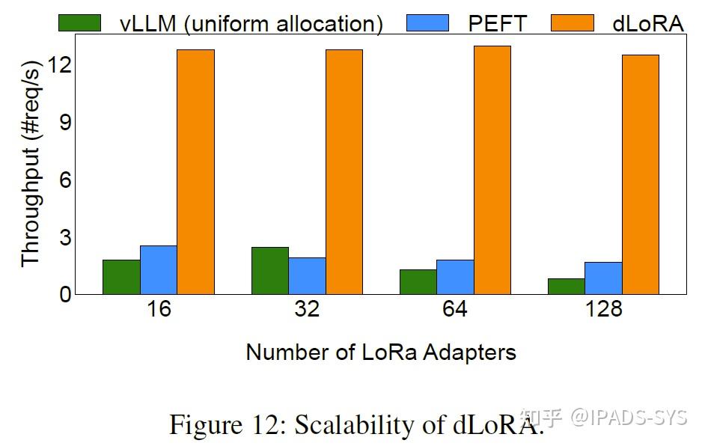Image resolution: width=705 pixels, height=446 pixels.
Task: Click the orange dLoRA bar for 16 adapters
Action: tap(195, 171)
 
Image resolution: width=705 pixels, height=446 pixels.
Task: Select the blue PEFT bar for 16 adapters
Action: tap(159, 269)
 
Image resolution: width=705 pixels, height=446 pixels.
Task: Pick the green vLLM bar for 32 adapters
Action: tap(269, 270)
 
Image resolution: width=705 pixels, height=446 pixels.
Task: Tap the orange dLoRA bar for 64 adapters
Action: tap(492, 170)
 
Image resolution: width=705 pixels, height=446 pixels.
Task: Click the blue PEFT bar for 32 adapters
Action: tap(307, 275)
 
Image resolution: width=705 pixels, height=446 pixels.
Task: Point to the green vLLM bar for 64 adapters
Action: tap(418, 281)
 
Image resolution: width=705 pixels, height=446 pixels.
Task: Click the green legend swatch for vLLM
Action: tap(79, 23)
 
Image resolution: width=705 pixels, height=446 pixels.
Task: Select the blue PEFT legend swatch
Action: tap(427, 23)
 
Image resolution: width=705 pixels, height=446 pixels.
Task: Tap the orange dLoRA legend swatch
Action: tap(571, 23)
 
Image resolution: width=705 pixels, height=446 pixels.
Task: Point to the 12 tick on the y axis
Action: tap(61, 65)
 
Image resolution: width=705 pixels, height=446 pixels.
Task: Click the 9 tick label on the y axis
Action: tap(64, 122)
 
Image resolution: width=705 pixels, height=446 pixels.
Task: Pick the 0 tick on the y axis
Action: tap(64, 294)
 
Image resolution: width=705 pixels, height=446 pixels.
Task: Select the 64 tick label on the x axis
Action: tap(455, 309)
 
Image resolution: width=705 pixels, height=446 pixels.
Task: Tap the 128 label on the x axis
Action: tap(603, 309)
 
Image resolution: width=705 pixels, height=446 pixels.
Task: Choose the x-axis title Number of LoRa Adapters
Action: tap(381, 352)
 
